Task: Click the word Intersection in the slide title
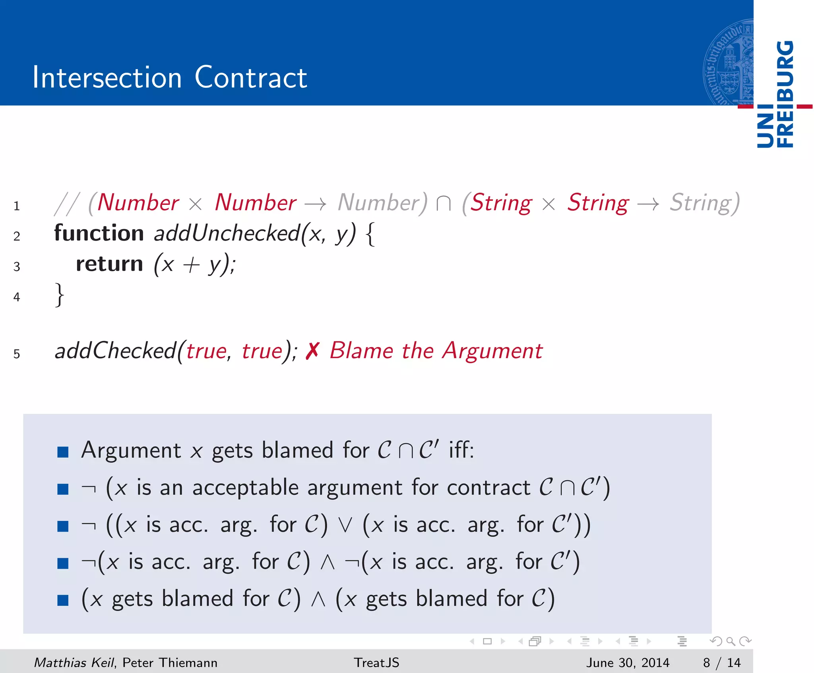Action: tap(107, 77)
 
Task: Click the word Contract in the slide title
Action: tap(251, 77)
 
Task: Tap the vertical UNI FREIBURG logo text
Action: tap(775, 94)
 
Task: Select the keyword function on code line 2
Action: tap(99, 233)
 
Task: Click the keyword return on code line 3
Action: tap(109, 264)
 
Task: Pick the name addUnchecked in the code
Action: tap(227, 233)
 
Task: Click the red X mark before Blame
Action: tap(312, 351)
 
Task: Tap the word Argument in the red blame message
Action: tap(492, 351)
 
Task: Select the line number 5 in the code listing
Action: tap(17, 354)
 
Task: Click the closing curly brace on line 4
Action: tap(60, 295)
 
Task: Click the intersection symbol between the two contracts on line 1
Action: tap(443, 204)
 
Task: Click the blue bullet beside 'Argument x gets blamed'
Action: tap(63, 452)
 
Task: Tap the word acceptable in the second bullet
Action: tap(245, 488)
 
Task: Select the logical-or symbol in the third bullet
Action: tap(345, 526)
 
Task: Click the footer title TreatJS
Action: tap(376, 662)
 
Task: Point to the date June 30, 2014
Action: tap(628, 662)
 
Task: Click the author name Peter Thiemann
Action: tap(170, 662)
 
